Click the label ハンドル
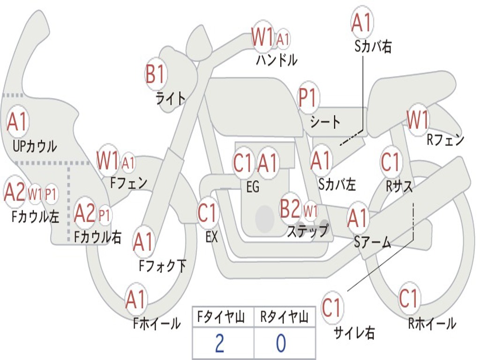pyautogui.click(x=277, y=60)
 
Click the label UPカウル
pyautogui.click(x=34, y=146)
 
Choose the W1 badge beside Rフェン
pyautogui.click(x=417, y=120)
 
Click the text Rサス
pyautogui.click(x=399, y=187)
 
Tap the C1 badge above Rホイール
pyautogui.click(x=408, y=298)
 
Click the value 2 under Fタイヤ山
pyautogui.click(x=219, y=343)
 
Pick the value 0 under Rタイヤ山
pyautogui.click(x=281, y=343)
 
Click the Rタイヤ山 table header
pyautogui.click(x=284, y=318)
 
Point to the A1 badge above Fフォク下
pyautogui.click(x=143, y=242)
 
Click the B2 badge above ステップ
pyautogui.click(x=290, y=209)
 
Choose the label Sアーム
pyautogui.click(x=373, y=242)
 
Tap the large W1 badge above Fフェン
pyautogui.click(x=107, y=160)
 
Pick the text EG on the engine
pyautogui.click(x=252, y=187)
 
